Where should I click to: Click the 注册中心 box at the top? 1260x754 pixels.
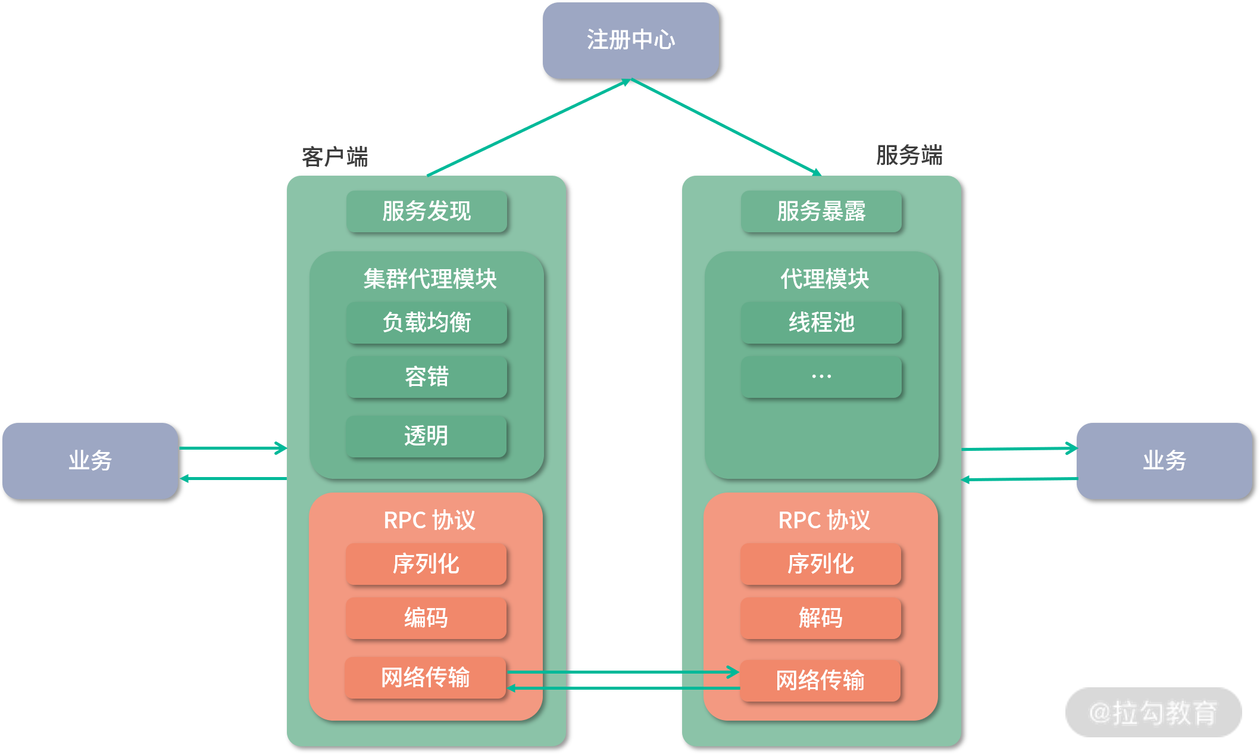[630, 40]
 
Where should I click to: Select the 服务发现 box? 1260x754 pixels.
[427, 211]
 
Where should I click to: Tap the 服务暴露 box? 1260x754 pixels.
[821, 211]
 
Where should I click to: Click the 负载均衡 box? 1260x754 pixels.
[427, 323]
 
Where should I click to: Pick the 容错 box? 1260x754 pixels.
[427, 377]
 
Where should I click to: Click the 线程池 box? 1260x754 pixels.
[821, 323]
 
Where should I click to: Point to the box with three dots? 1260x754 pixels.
[821, 377]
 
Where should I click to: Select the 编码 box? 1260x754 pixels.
[426, 618]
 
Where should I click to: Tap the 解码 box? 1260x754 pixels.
[821, 618]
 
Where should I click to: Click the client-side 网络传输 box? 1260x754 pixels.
[426, 678]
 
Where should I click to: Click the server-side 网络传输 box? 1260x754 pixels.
[820, 681]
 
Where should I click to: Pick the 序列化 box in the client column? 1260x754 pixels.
[426, 564]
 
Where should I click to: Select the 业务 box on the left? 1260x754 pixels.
[90, 461]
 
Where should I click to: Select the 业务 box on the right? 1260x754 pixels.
[1164, 461]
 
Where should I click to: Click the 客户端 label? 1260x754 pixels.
[335, 157]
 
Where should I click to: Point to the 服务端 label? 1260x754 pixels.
[909, 155]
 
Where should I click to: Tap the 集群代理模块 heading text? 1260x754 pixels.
[430, 279]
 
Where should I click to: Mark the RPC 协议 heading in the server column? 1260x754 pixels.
[824, 521]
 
